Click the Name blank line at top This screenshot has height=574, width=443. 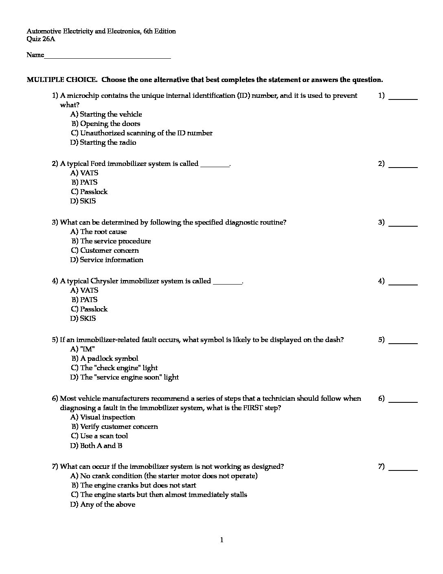coord(107,55)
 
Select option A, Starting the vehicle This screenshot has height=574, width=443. coord(106,114)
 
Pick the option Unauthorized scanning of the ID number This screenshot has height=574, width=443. coord(141,133)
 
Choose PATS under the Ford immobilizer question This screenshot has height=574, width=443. coord(84,182)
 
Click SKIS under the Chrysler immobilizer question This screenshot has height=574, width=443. coord(83,318)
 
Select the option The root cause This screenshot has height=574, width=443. coord(99,232)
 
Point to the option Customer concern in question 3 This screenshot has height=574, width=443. coord(105,250)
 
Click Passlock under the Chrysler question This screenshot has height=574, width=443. coord(89,309)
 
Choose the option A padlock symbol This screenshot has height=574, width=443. coord(105,358)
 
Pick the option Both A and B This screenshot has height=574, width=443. coord(96,446)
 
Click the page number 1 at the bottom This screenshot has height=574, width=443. coord(222,540)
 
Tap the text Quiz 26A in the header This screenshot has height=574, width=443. coord(41,39)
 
